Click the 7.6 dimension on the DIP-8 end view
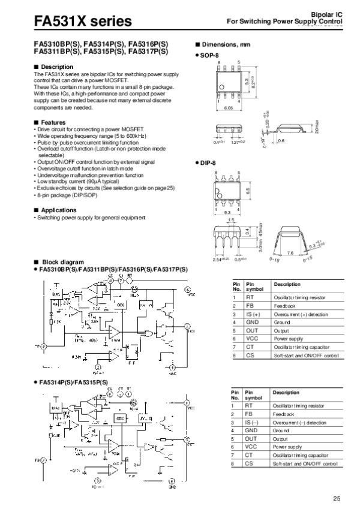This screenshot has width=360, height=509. (x=290, y=253)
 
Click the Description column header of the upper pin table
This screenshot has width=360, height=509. (x=286, y=283)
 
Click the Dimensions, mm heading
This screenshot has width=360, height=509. (x=226, y=46)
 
